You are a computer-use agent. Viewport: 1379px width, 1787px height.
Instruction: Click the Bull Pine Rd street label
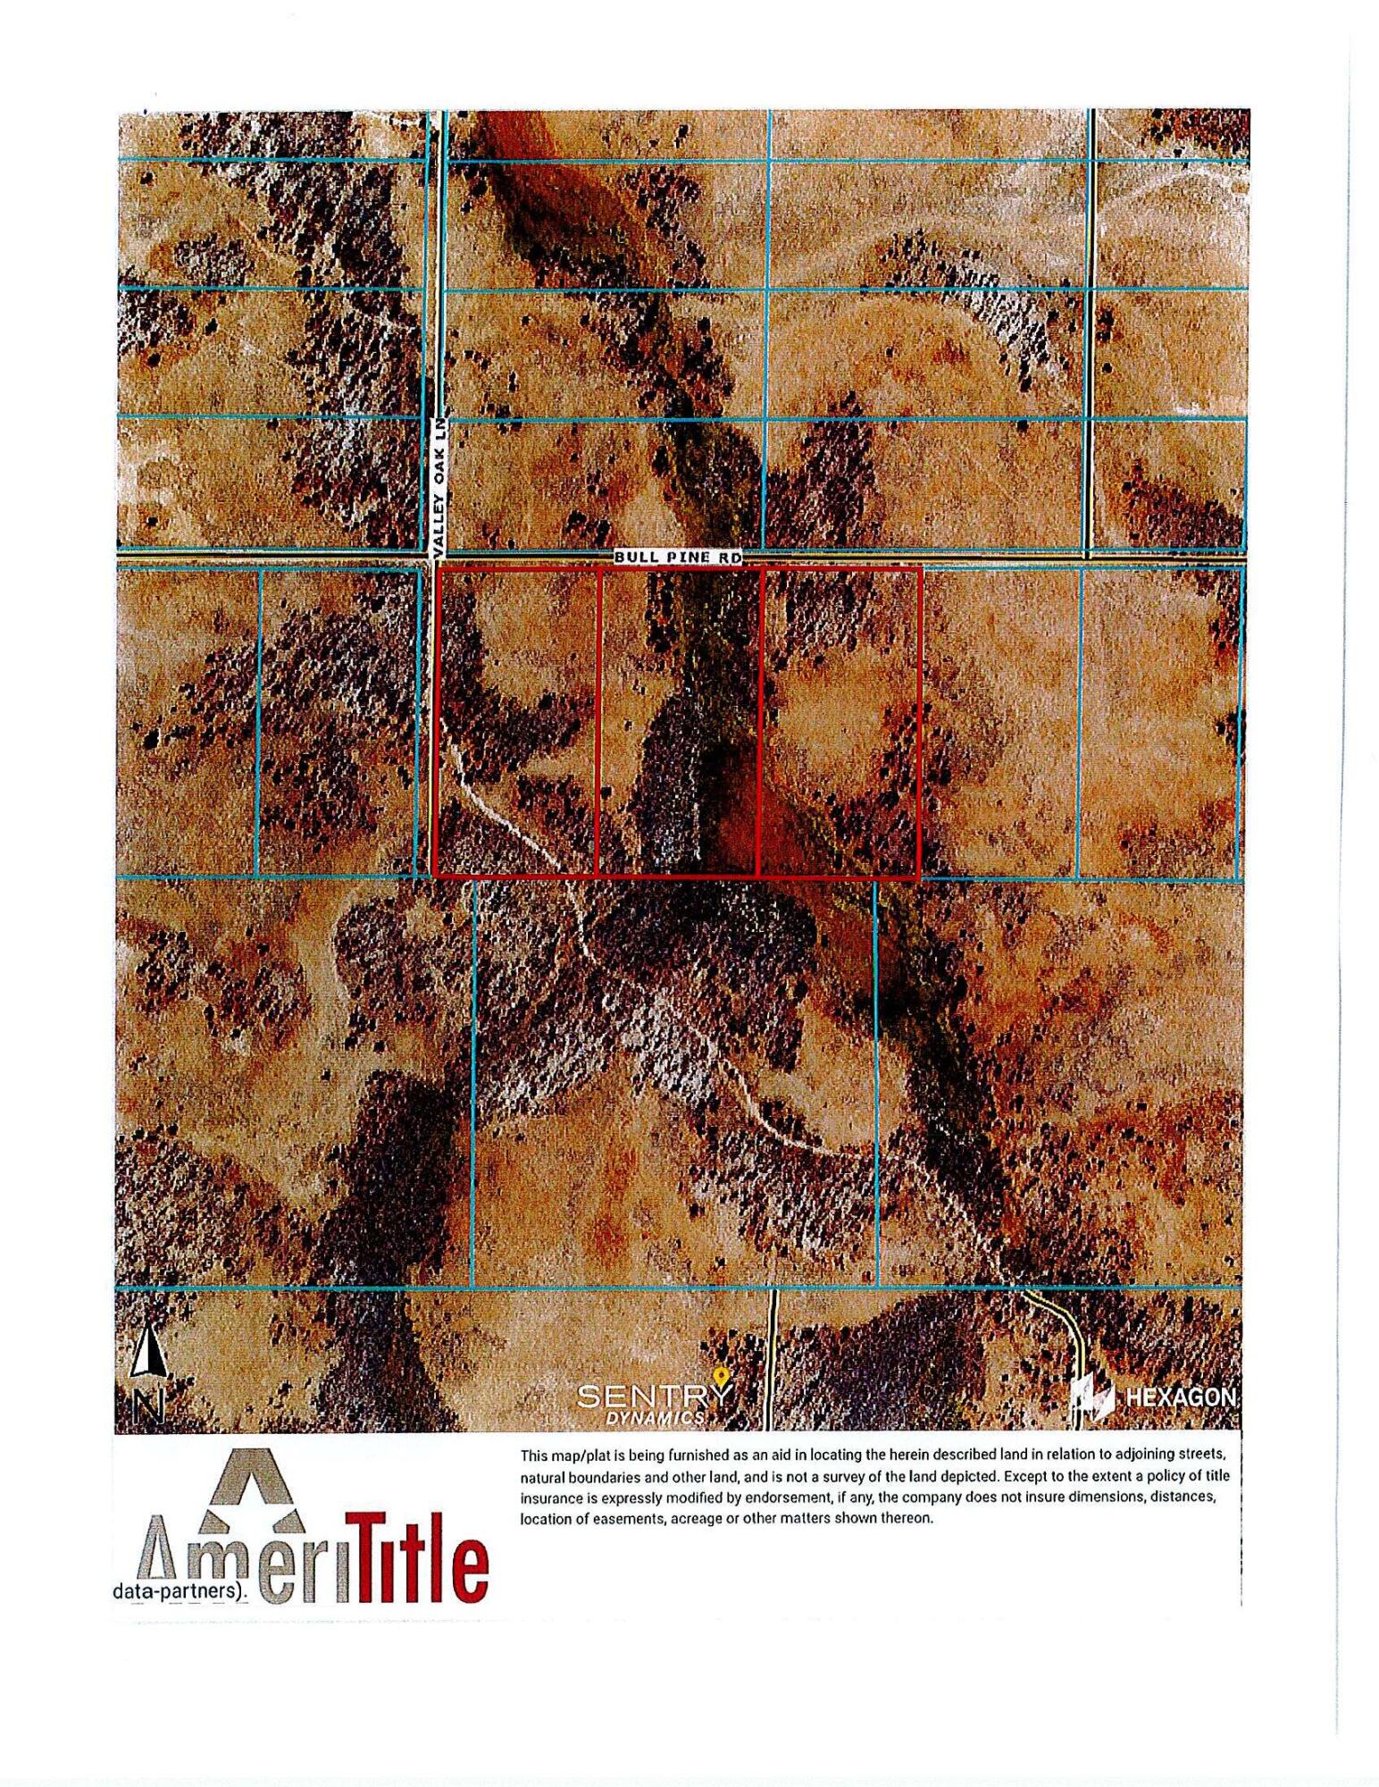point(678,557)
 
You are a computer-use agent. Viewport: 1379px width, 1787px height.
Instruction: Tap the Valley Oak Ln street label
point(439,490)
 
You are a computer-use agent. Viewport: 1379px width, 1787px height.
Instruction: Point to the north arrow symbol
point(149,1354)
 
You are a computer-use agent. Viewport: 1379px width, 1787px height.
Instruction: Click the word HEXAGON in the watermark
point(1181,1397)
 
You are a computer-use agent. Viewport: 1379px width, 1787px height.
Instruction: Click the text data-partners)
point(180,1591)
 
